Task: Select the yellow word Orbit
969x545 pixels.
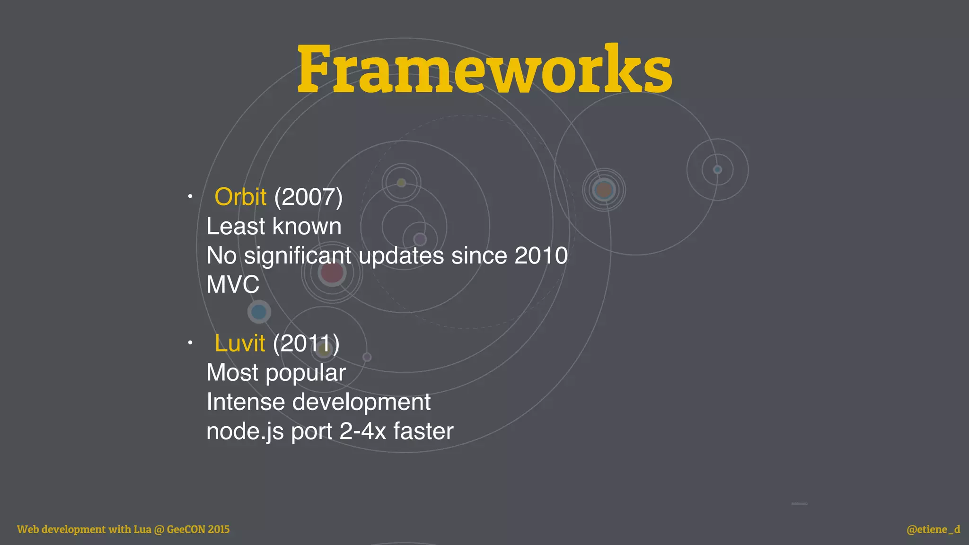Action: (240, 197)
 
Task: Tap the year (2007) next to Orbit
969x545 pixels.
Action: (308, 197)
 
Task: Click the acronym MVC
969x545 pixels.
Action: (233, 285)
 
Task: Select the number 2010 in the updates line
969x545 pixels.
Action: (541, 255)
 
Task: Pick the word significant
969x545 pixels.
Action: (298, 256)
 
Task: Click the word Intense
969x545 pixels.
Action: (246, 402)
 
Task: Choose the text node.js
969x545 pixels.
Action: (245, 431)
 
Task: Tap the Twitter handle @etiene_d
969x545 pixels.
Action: (933, 529)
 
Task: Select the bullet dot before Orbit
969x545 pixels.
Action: (190, 196)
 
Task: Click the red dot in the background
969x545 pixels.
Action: (332, 272)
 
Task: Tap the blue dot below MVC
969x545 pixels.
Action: (259, 312)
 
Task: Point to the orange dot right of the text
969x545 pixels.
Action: (604, 190)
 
